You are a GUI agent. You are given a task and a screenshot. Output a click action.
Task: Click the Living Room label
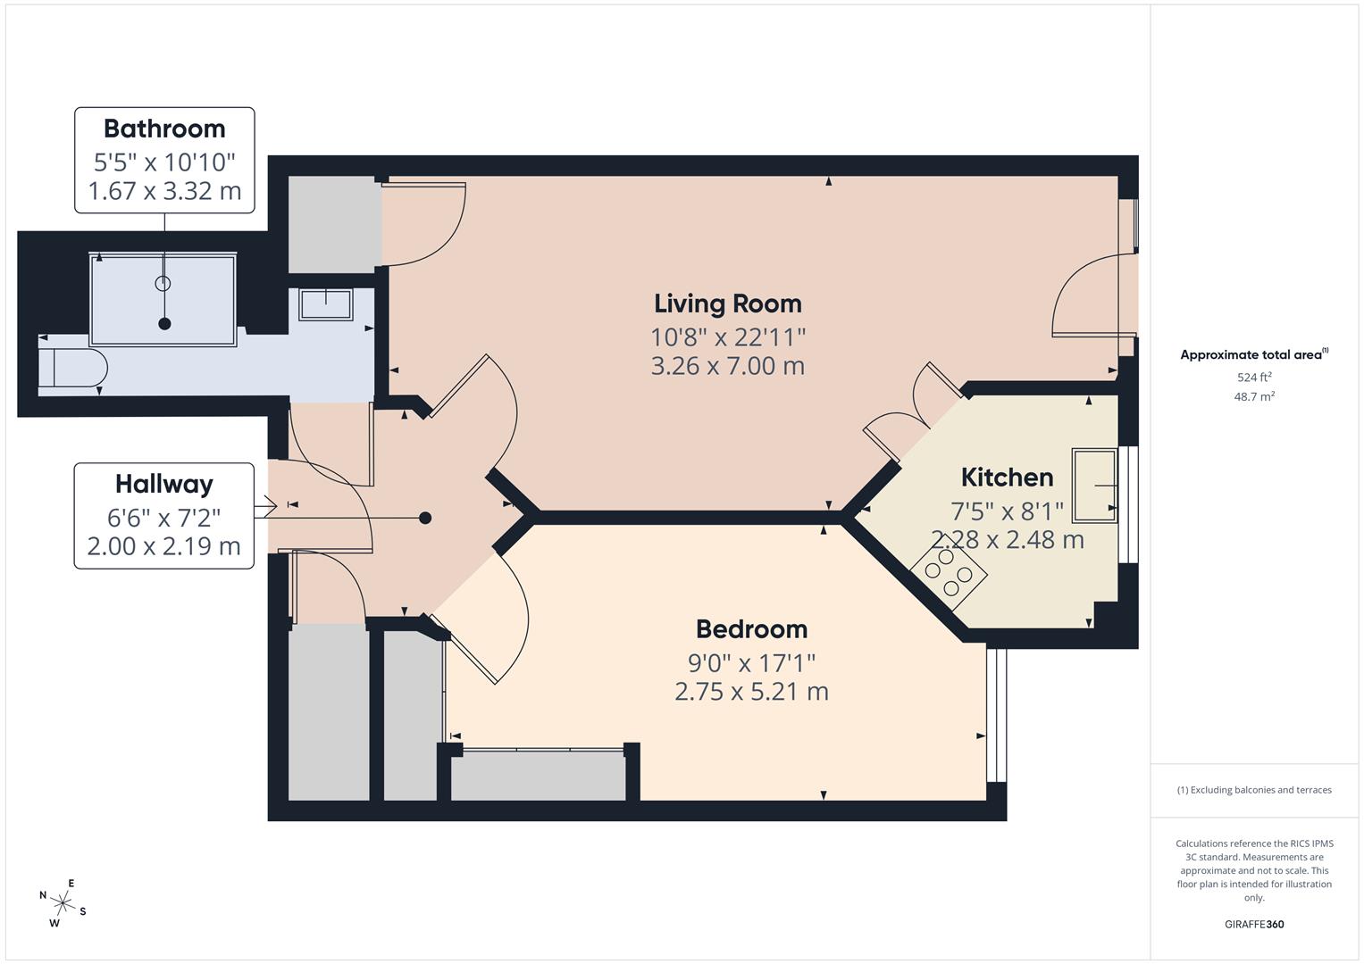tap(728, 303)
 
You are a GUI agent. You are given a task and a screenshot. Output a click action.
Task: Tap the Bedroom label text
tap(751, 629)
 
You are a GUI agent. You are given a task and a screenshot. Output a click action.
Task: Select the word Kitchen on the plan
tap(1008, 478)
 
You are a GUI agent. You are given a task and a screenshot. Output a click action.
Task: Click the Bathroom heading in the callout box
tap(164, 129)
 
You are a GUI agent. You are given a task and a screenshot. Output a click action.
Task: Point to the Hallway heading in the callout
tap(164, 485)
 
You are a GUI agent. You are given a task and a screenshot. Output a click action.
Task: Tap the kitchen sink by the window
tap(1094, 486)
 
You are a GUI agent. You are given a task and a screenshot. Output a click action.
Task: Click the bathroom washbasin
tap(326, 304)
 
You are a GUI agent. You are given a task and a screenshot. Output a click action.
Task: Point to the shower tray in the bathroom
tap(163, 300)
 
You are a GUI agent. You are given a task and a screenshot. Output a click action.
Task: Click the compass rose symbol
tap(63, 903)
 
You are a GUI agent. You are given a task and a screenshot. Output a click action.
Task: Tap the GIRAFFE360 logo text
tap(1254, 924)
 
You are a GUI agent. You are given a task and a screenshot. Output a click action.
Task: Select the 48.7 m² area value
tap(1254, 396)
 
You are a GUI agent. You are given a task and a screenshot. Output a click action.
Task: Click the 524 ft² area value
tap(1254, 377)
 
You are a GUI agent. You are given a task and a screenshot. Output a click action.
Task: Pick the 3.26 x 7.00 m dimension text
tap(728, 366)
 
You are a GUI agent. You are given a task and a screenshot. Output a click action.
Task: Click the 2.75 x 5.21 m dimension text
tap(751, 692)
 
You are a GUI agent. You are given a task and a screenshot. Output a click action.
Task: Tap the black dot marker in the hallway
tap(426, 518)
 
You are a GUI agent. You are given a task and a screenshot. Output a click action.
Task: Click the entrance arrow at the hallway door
tap(265, 506)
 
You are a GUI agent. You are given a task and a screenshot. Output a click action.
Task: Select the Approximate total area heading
tap(1254, 354)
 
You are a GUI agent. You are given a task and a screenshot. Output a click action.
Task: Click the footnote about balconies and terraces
tap(1254, 790)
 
